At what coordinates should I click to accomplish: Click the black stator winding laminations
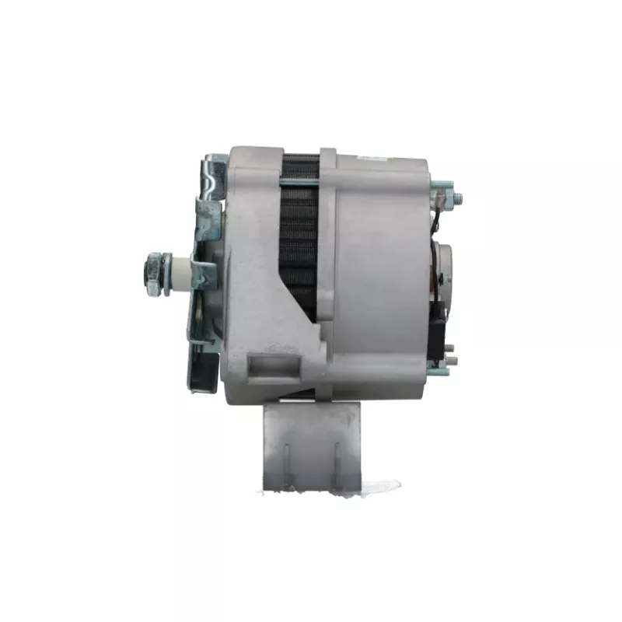click(299, 233)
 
